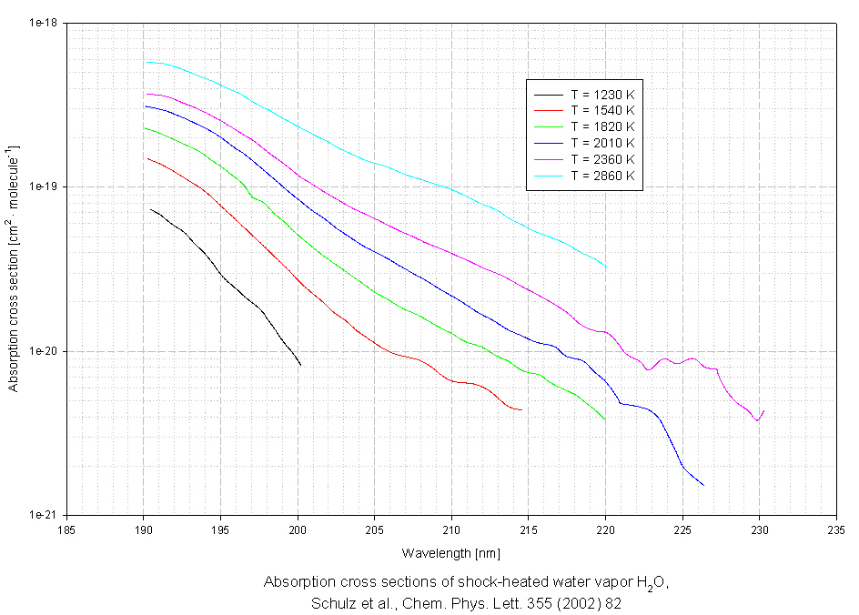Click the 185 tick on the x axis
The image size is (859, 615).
click(x=66, y=529)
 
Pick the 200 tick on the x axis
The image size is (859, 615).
click(x=298, y=529)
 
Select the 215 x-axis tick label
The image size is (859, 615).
click(x=529, y=529)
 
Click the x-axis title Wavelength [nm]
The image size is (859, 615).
click(x=450, y=552)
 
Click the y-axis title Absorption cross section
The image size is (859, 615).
click(x=14, y=268)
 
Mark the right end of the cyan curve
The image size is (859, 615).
click(x=606, y=267)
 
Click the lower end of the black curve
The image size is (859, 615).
click(x=300, y=365)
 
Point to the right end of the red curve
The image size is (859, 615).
click(x=521, y=410)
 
